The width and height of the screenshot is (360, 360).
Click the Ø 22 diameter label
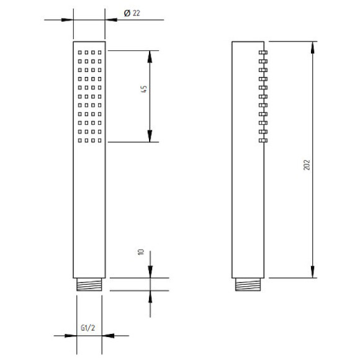[132, 13]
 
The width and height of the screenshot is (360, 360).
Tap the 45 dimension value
[144, 89]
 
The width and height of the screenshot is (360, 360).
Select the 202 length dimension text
[307, 165]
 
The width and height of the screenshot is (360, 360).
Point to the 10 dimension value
[141, 252]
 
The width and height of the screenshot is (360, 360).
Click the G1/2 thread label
[88, 328]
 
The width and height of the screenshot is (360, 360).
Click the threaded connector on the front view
[89, 284]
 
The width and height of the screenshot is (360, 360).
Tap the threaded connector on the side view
[248, 284]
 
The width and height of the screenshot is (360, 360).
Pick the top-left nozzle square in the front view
[80, 52]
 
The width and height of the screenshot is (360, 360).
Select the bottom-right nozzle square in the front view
[100, 140]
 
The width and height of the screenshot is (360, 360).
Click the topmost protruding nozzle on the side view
[263, 52]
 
